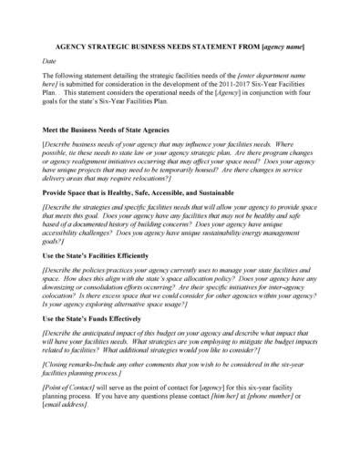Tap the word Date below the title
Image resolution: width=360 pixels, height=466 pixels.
pyautogui.click(x=52, y=60)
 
